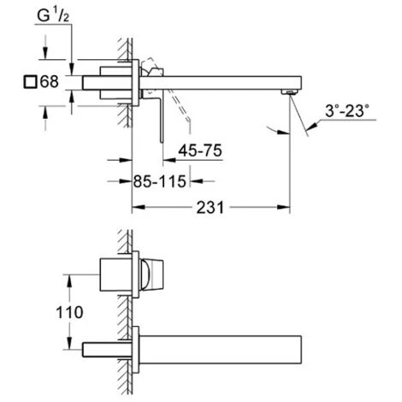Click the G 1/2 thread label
[53, 15]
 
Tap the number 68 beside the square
[50, 81]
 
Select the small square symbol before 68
[30, 82]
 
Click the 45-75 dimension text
[200, 151]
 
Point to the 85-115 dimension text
[160, 181]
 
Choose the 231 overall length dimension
[210, 208]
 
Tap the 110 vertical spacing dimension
[69, 312]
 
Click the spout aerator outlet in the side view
[289, 92]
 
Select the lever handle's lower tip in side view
[162, 141]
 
